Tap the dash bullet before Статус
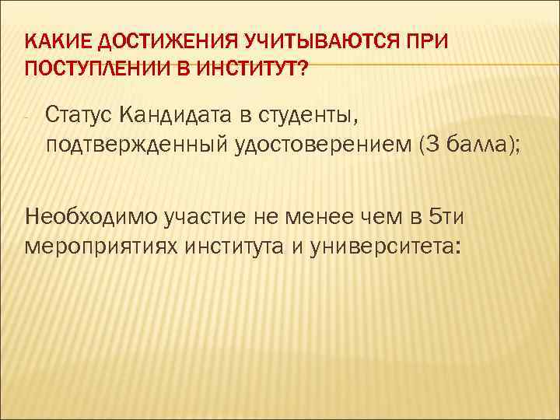coord(26,118)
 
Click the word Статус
coord(79,117)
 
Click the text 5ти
coord(450,215)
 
